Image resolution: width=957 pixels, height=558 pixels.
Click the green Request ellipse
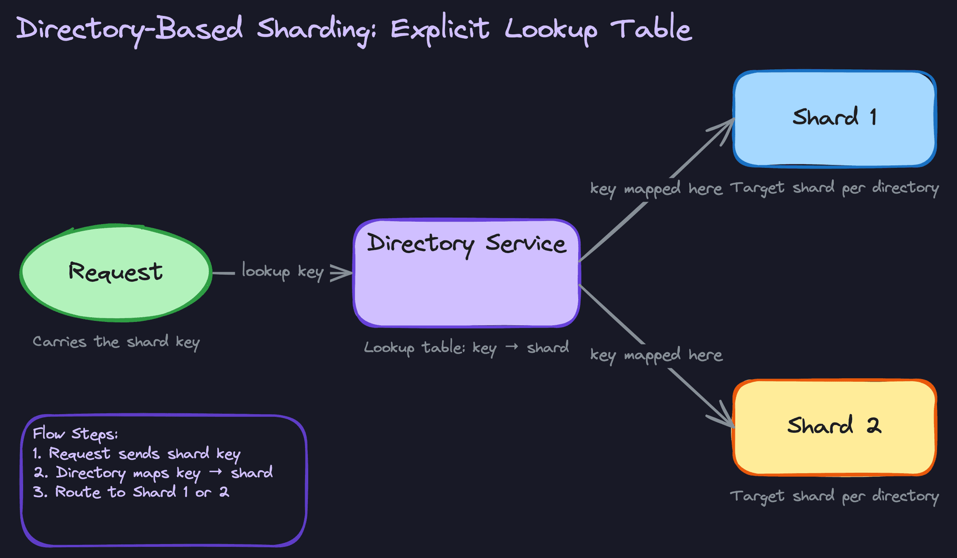[x=116, y=273]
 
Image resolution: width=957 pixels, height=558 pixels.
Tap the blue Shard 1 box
[x=834, y=119]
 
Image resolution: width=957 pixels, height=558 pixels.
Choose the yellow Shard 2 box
[x=834, y=427]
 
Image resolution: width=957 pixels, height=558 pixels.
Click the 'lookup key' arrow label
[x=283, y=272]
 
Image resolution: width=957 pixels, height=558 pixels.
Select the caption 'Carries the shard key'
[x=116, y=342]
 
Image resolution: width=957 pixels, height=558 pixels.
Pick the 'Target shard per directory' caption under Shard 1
[x=834, y=188]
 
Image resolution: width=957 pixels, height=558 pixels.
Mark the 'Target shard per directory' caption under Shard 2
[x=834, y=497]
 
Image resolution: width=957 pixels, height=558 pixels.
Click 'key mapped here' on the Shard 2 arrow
[x=656, y=355]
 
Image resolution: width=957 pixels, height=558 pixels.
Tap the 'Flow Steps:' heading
[x=75, y=434]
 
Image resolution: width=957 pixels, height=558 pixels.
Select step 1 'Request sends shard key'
[x=137, y=454]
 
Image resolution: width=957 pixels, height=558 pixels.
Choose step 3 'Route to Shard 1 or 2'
[x=132, y=492]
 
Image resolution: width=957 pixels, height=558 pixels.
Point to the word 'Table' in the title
[x=651, y=28]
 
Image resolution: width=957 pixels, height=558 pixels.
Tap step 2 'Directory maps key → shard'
[x=153, y=473]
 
